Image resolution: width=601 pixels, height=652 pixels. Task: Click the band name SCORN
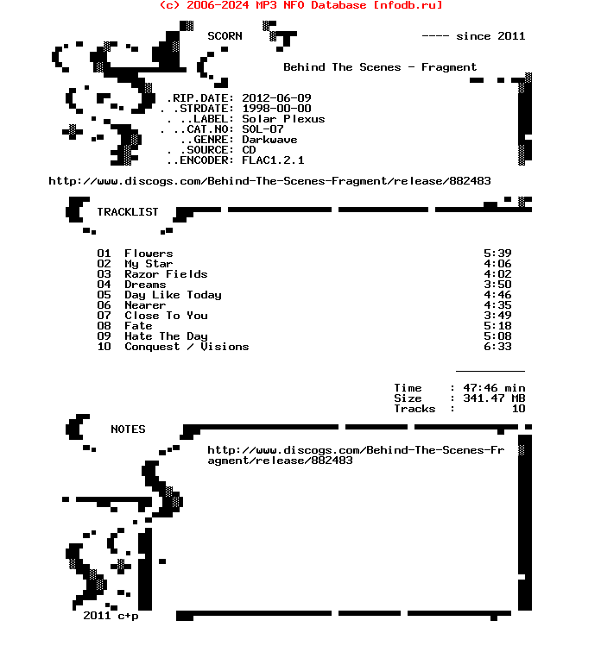click(x=225, y=36)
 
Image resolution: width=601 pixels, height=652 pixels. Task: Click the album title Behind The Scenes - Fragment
click(x=380, y=67)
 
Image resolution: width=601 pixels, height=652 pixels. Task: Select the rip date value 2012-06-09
click(x=276, y=98)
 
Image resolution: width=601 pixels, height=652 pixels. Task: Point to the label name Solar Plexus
click(x=283, y=119)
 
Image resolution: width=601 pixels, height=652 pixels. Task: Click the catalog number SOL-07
click(x=263, y=129)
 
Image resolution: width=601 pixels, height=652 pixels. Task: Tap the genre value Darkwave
click(x=269, y=140)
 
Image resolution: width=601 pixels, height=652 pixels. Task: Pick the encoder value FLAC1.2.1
click(x=273, y=160)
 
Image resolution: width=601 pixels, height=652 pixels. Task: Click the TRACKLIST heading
click(x=128, y=212)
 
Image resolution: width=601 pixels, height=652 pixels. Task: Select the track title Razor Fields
click(x=166, y=274)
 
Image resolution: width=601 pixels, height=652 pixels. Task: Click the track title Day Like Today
click(x=173, y=295)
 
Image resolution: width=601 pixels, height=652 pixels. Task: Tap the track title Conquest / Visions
click(x=187, y=347)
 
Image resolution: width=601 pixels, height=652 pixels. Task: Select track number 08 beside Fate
click(x=104, y=326)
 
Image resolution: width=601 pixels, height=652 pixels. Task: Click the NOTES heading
click(x=128, y=429)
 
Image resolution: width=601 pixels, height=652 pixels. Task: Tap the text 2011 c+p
click(x=111, y=616)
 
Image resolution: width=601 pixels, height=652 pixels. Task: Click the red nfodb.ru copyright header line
click(x=300, y=5)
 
